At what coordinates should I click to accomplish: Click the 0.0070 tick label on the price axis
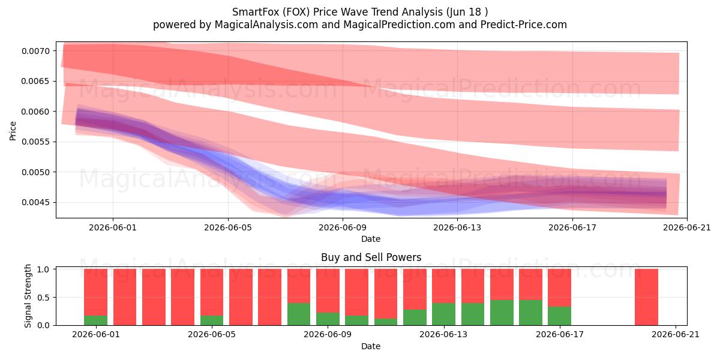[x=35, y=51]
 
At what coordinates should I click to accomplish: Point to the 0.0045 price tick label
[x=35, y=203]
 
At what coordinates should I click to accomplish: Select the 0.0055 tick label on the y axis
[x=35, y=142]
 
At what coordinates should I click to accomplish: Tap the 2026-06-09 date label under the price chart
[x=343, y=227]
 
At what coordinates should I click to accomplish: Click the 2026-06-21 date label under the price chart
[x=687, y=227]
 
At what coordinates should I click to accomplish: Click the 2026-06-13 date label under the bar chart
[x=443, y=335]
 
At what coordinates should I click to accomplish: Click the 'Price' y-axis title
[x=13, y=131]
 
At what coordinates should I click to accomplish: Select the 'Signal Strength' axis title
[x=28, y=296]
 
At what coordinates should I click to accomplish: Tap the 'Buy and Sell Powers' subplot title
[x=371, y=257]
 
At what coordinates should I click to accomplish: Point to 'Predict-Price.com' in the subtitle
[x=524, y=25]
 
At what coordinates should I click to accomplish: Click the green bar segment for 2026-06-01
[x=95, y=320]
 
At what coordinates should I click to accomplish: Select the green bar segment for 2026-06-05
[x=211, y=320]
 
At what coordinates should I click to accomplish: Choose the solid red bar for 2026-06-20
[x=646, y=297]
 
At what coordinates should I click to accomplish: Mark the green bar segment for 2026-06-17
[x=560, y=316]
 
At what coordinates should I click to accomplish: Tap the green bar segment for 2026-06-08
[x=299, y=314]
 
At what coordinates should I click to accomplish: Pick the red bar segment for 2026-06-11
[x=386, y=294]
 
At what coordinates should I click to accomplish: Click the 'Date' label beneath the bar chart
[x=371, y=347]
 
